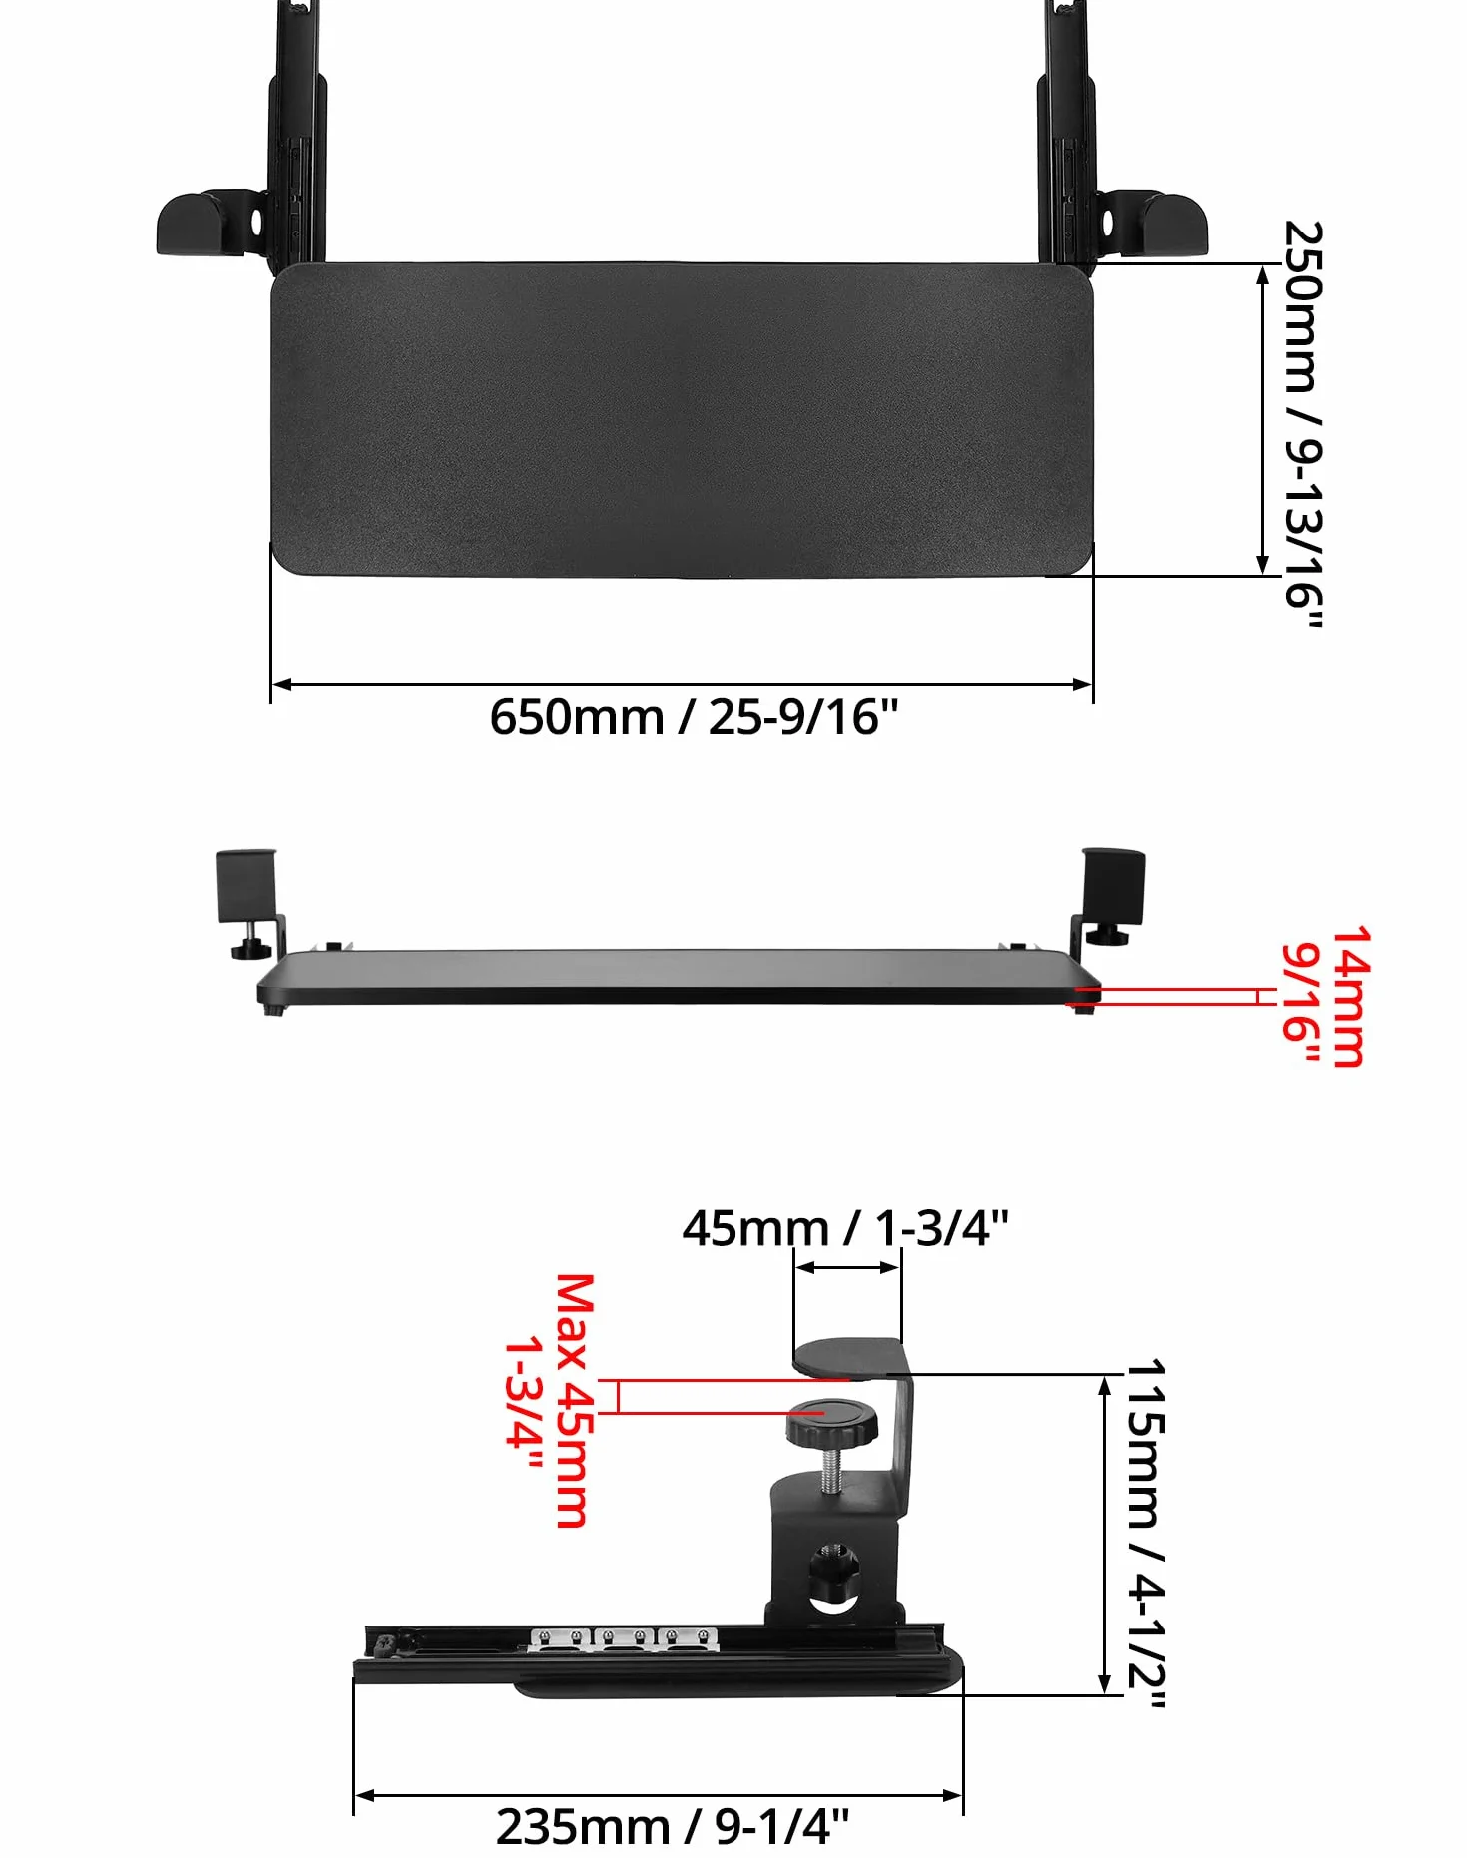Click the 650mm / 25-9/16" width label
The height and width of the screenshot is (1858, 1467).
pyautogui.click(x=694, y=717)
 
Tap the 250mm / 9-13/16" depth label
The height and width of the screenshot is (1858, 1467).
pyautogui.click(x=1303, y=424)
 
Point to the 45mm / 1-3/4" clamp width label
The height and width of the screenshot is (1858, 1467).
pyautogui.click(x=845, y=1228)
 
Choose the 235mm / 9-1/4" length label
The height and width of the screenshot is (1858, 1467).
pyautogui.click(x=673, y=1827)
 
